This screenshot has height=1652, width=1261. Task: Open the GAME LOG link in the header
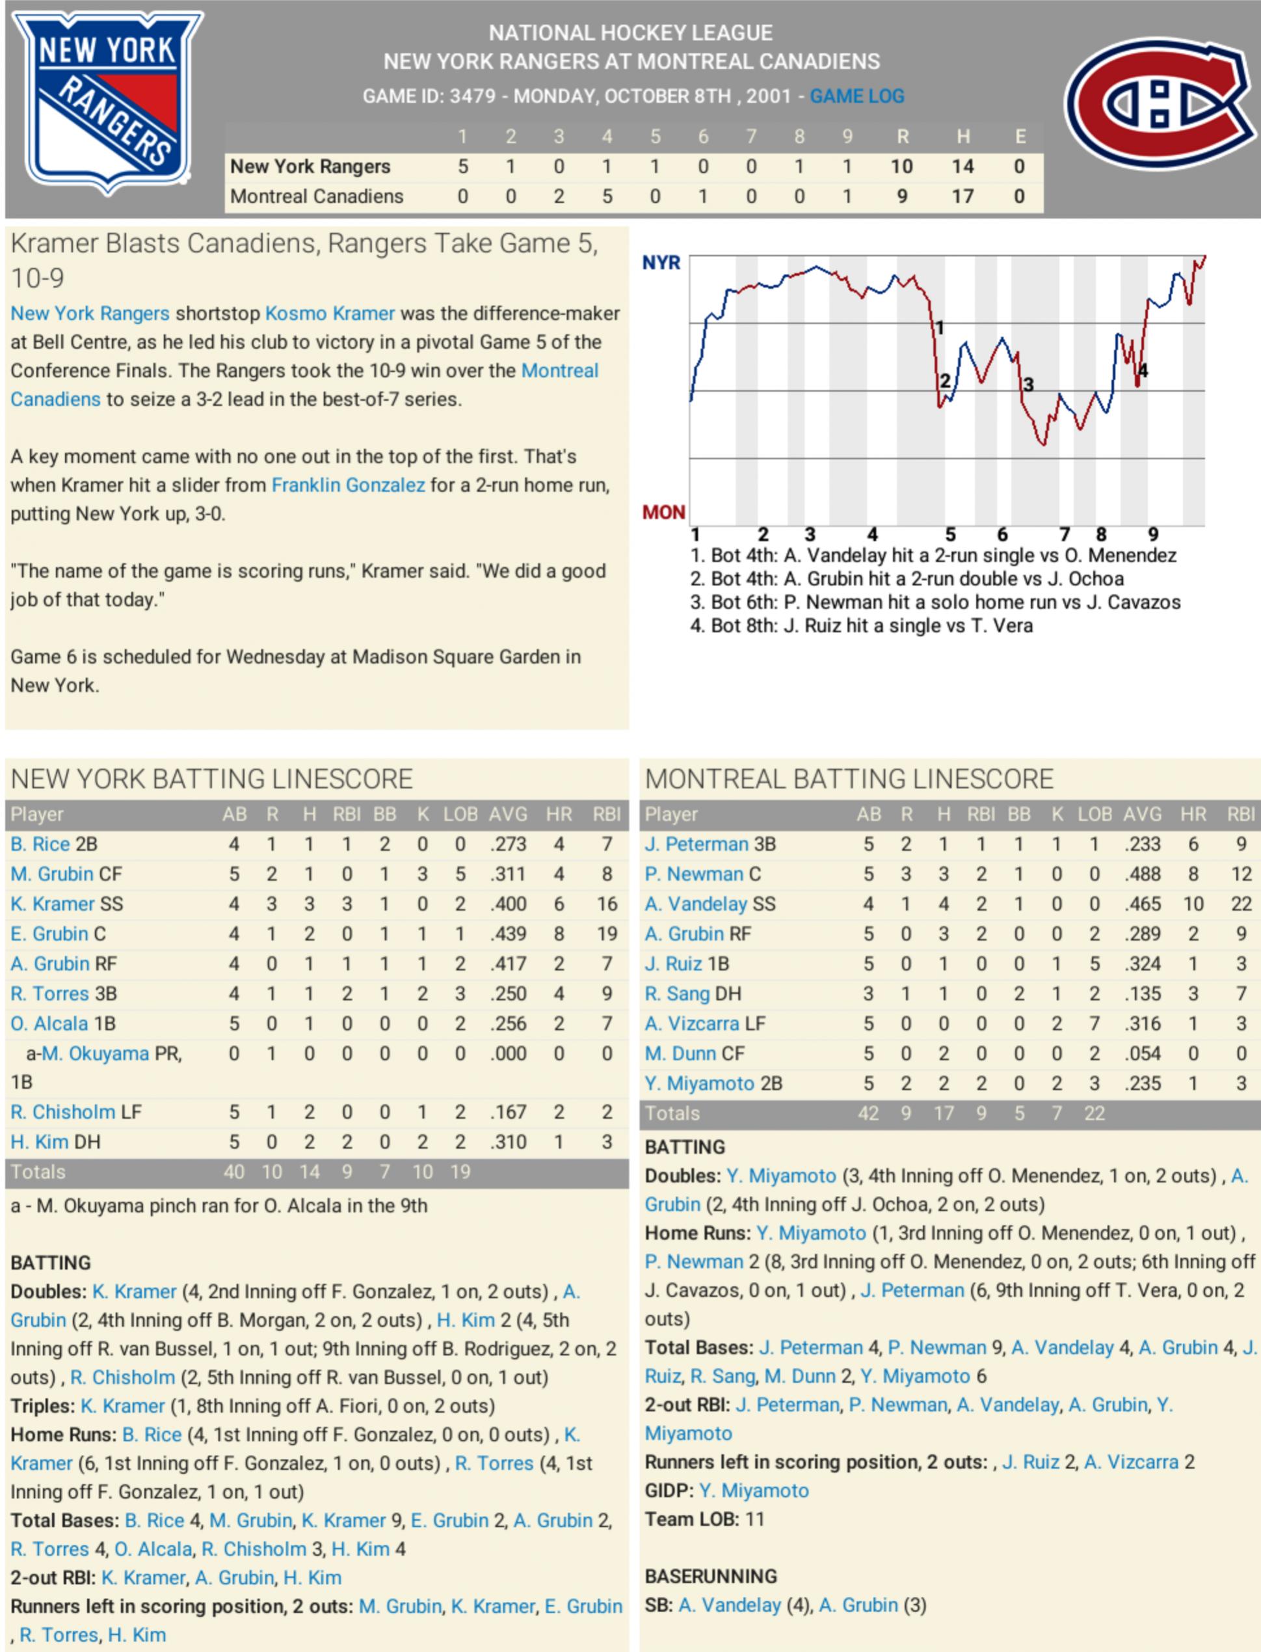pos(856,96)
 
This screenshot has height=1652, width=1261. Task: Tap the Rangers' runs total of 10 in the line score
pos(901,166)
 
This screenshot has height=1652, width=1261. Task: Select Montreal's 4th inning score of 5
pos(607,196)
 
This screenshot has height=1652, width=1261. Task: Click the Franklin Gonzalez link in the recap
pos(349,485)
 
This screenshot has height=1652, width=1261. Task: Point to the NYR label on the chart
pos(661,263)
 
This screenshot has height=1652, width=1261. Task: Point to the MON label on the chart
pos(663,512)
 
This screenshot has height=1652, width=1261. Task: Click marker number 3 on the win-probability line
pos(1028,385)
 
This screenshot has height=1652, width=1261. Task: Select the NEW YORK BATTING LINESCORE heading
pos(211,779)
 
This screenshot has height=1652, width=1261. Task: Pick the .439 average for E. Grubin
pos(507,934)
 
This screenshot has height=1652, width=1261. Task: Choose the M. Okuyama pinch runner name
pos(96,1053)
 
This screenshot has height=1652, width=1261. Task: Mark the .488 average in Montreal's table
pos(1143,874)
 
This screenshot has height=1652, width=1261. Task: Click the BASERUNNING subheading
pos(711,1576)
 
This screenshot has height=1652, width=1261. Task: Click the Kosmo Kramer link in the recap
pos(330,313)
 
